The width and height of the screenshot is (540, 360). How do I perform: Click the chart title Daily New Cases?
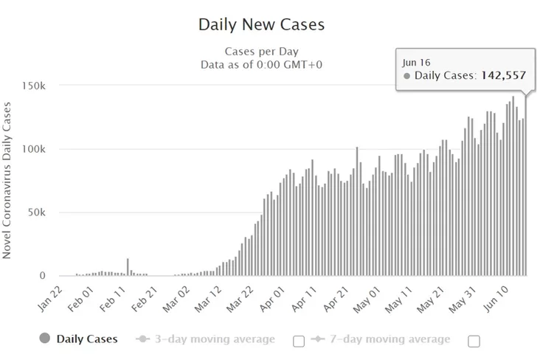[261, 24]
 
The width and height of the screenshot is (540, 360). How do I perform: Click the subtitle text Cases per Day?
[261, 52]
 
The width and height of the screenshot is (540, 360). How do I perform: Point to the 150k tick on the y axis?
[34, 86]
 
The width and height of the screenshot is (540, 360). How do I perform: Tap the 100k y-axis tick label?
[34, 149]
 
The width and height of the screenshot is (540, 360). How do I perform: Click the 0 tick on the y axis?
[42, 276]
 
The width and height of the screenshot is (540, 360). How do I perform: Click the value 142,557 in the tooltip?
[504, 75]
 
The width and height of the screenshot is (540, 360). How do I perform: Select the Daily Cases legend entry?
[87, 339]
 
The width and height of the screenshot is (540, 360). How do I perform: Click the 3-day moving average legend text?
[212, 339]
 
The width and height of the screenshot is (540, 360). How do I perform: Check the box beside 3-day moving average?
[299, 340]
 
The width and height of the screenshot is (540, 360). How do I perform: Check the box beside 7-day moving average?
[474, 340]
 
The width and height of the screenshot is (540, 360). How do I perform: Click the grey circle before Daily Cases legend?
[44, 339]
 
